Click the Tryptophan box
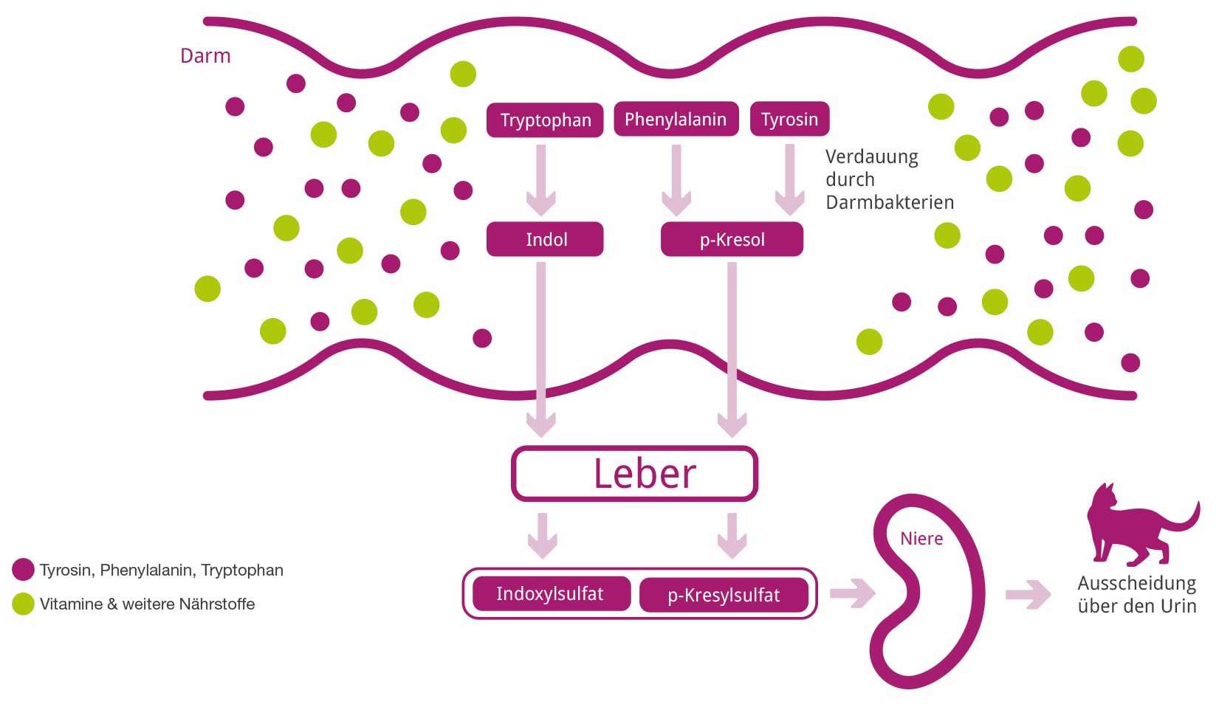pos(545,120)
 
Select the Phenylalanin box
pos(676,119)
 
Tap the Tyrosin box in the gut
pos(789,119)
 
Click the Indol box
pos(545,239)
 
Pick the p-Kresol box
pos(732,239)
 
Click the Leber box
pos(634,473)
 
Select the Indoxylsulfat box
pos(552,593)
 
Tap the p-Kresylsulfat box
pos(724,595)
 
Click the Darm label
pos(205,55)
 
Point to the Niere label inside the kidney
pos(921,538)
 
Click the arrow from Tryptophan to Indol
pos(541,180)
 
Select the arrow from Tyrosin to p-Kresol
pos(789,180)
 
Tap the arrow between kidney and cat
pos(1028,594)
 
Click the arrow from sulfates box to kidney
pos(852,593)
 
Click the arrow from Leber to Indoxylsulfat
pos(542,536)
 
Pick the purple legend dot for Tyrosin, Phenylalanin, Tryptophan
pos(23,569)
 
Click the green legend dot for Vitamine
pos(23,604)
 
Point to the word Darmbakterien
pos(890,202)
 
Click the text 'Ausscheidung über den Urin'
pos(1137,594)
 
